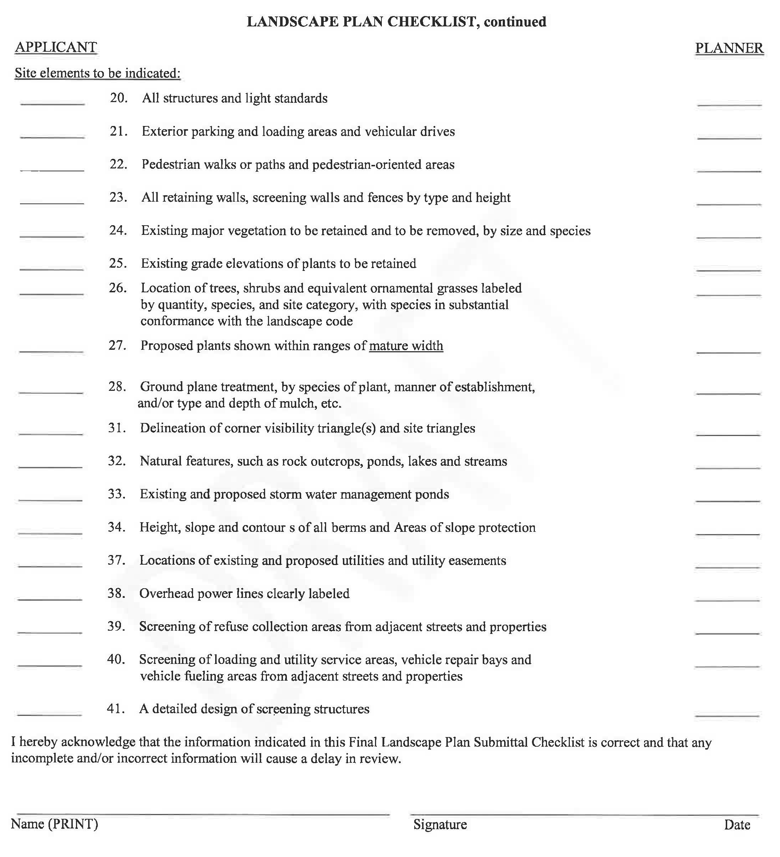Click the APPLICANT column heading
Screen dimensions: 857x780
56,47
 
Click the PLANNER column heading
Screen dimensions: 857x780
729,48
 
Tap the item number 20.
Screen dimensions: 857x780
118,98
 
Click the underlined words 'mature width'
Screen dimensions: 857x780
406,346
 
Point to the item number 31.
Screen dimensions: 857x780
116,428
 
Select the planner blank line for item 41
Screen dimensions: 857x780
727,716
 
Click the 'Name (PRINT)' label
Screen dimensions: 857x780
54,824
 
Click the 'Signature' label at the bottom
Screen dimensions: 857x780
440,825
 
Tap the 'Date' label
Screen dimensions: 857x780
737,825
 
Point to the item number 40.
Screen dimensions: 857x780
116,659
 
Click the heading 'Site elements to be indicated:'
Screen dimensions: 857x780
98,73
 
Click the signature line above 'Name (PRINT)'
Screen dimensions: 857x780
200,814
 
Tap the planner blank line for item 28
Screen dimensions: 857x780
728,393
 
